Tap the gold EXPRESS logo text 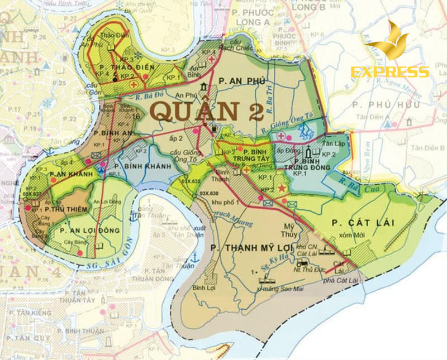pos(389,72)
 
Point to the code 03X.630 pos(210,194)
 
